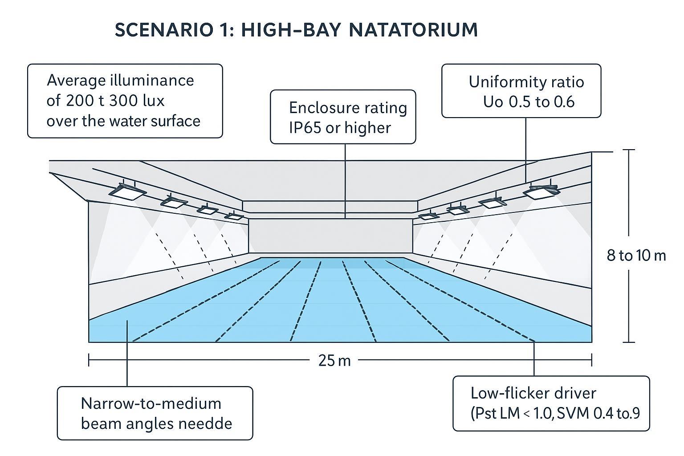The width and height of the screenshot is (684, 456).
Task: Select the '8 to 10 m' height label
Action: (x=636, y=256)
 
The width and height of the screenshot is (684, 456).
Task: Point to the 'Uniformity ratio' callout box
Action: (x=521, y=91)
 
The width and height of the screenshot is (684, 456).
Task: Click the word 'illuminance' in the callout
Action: (x=152, y=81)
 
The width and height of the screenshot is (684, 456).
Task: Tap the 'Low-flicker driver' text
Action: (x=533, y=393)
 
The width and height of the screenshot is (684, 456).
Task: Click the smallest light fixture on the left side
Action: (x=234, y=216)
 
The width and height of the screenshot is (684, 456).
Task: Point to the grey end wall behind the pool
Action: (x=330, y=236)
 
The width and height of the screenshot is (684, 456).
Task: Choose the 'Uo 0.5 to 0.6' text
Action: (x=529, y=102)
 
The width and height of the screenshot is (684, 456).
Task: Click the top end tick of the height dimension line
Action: (x=628, y=150)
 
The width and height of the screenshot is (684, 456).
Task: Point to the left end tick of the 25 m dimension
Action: (x=89, y=360)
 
